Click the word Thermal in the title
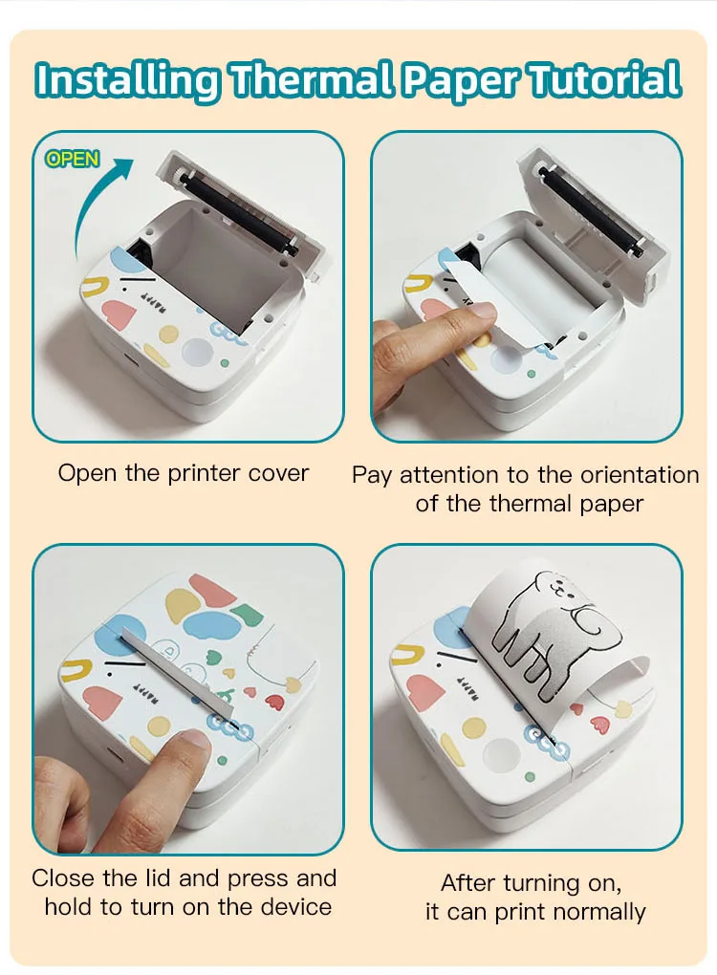[311, 80]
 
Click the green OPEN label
[72, 160]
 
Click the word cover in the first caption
[278, 473]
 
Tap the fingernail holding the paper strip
[479, 310]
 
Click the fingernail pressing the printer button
[195, 739]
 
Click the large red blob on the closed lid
[212, 592]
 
